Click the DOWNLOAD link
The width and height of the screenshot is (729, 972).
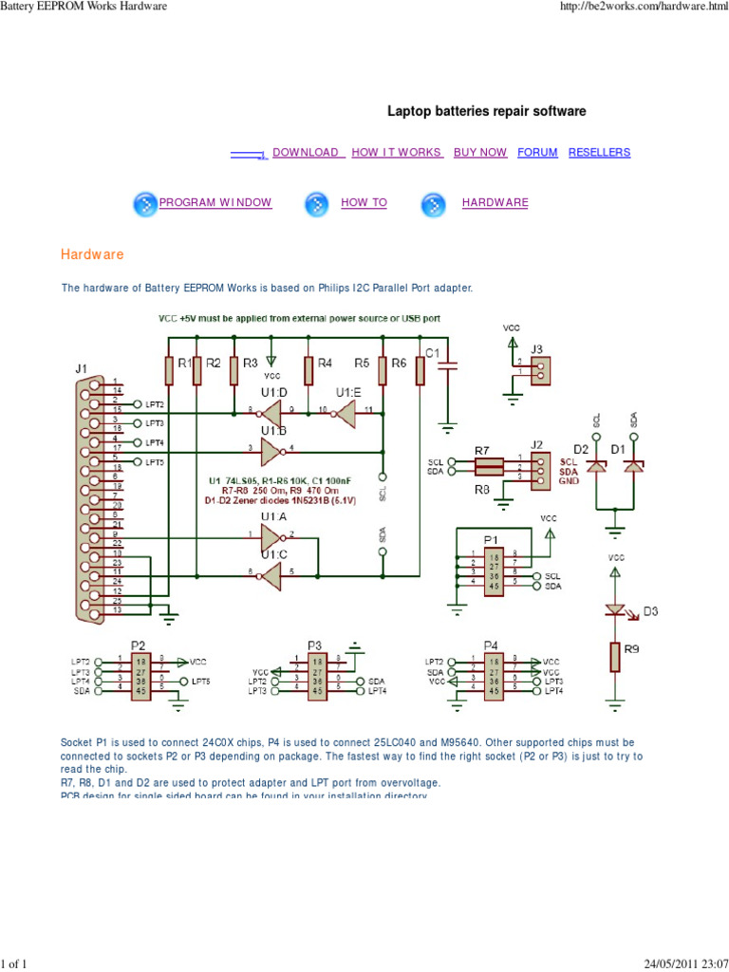point(305,152)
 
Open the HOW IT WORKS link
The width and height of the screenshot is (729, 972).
point(396,152)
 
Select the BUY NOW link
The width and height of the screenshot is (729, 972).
point(480,152)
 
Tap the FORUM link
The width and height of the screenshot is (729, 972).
point(537,152)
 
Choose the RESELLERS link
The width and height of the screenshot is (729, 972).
point(599,152)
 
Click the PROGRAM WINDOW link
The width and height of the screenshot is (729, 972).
point(215,202)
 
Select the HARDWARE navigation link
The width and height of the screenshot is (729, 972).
point(495,202)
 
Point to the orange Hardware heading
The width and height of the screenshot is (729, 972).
point(92,255)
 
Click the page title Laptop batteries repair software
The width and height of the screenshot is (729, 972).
point(486,111)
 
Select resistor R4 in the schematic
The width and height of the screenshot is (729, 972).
point(308,369)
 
